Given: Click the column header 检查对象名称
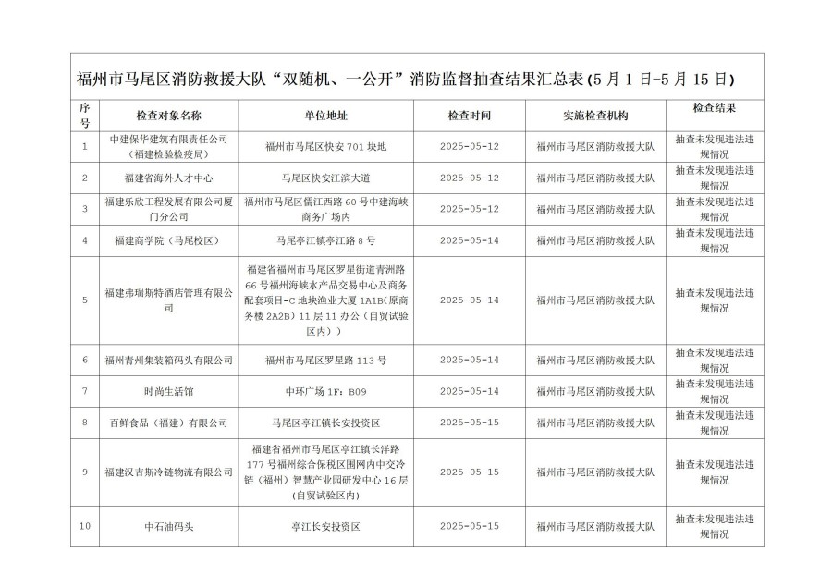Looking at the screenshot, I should (x=168, y=116).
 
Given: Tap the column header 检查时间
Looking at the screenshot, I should (x=470, y=116).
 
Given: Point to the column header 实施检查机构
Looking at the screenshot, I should (x=595, y=116).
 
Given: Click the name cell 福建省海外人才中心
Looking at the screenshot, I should (x=168, y=178).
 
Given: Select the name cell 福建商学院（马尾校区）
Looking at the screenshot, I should (x=168, y=240).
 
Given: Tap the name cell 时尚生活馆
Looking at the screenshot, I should (x=168, y=391).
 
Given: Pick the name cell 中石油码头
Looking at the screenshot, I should (x=168, y=525).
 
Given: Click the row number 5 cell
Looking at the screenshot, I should (x=85, y=300).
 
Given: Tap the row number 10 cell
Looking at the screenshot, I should (x=85, y=525).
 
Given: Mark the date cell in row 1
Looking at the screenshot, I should (x=470, y=146).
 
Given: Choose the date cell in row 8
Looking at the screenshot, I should (x=470, y=423).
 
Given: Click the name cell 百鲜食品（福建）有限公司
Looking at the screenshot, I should (x=168, y=423).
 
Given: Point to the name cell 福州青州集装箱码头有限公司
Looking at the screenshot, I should (x=168, y=360).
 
